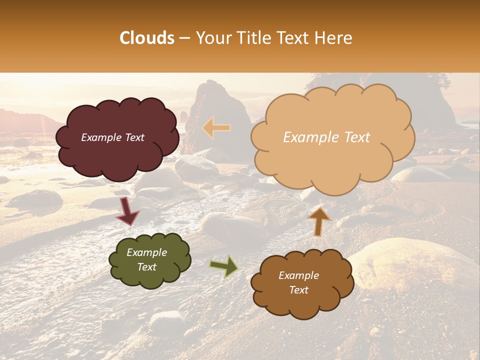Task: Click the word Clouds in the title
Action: coord(147,38)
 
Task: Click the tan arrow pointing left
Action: coord(216,128)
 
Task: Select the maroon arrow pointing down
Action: coord(127,211)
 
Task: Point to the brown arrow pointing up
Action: coord(318,220)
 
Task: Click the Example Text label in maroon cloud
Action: coord(112,137)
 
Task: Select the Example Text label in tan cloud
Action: coord(326,137)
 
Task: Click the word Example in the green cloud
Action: coord(146,252)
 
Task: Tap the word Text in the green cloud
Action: coord(146,267)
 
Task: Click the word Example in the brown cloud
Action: coord(298,275)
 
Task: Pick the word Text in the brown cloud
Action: coord(298,290)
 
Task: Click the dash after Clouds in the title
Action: coord(184,38)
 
